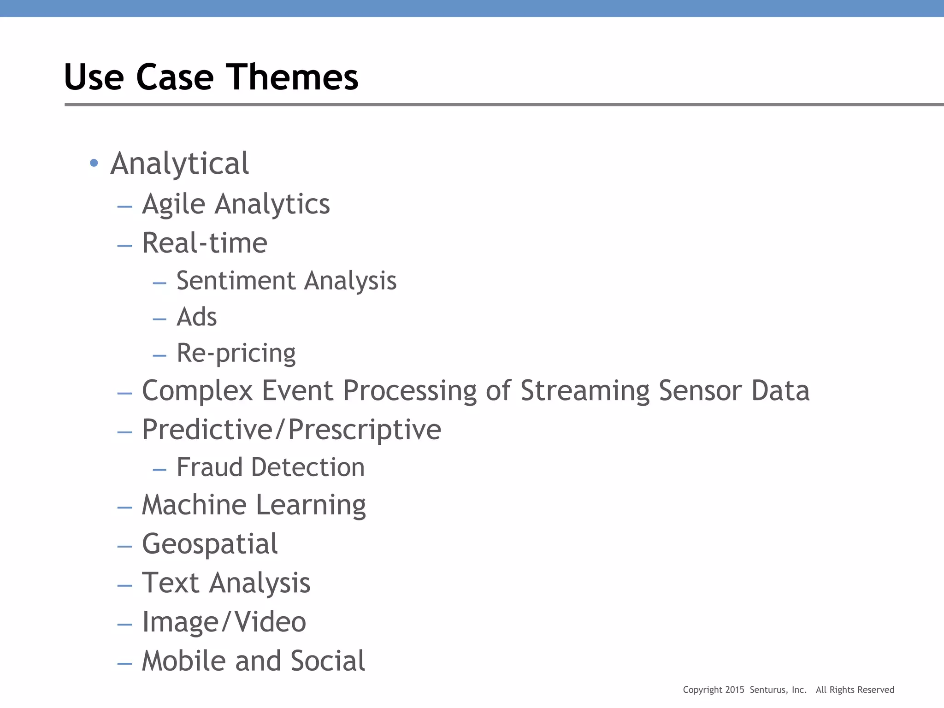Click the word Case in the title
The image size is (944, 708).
[175, 77]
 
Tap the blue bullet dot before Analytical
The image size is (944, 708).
[94, 163]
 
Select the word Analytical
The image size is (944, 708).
[180, 164]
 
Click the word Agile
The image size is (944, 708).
[173, 204]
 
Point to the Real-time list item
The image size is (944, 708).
[205, 243]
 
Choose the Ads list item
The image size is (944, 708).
[197, 317]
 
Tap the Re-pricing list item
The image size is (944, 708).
[236, 354]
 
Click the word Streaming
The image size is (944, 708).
[585, 391]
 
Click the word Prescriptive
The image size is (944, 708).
[365, 430]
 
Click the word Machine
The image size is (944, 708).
[194, 505]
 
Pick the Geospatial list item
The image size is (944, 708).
[210, 544]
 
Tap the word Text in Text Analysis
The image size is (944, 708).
[170, 583]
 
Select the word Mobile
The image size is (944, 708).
[184, 661]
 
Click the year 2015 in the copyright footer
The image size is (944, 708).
[735, 690]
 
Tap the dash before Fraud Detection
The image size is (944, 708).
[159, 470]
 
